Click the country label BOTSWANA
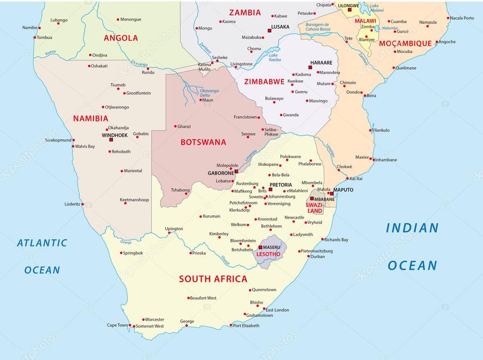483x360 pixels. click(x=203, y=142)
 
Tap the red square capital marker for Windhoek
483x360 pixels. click(x=111, y=140)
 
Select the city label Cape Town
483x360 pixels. click(x=118, y=325)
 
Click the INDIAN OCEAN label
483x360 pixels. click(x=412, y=246)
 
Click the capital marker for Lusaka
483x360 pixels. click(x=270, y=30)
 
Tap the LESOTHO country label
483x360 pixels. click(x=268, y=254)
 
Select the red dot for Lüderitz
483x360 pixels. click(x=83, y=205)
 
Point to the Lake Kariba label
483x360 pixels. click(x=274, y=58)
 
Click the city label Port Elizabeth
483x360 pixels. click(x=246, y=326)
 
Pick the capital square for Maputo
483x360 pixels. click(x=332, y=194)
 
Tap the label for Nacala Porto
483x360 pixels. click(x=462, y=18)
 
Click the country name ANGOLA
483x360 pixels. click(x=121, y=38)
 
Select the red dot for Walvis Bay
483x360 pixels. click(x=73, y=146)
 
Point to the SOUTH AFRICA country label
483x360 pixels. click(x=213, y=279)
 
